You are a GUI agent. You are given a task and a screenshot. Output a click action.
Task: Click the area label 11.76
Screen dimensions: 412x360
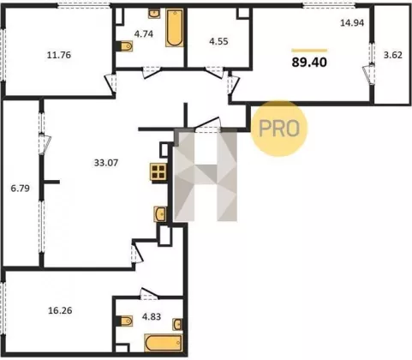click(59, 55)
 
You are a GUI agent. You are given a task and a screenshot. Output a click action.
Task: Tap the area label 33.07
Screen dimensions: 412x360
click(106, 163)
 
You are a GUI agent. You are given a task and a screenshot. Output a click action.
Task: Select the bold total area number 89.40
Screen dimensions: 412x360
click(309, 63)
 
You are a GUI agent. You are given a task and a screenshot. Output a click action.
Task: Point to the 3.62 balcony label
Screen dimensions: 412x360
click(393, 55)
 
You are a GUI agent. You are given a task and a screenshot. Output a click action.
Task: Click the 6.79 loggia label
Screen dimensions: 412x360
click(20, 189)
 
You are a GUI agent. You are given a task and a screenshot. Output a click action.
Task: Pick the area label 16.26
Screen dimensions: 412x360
click(60, 310)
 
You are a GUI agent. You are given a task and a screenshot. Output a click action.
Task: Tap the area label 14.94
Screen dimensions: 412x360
click(352, 22)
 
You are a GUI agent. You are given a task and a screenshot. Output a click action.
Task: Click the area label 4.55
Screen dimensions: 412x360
click(218, 41)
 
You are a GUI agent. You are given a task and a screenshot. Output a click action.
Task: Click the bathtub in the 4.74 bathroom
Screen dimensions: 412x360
click(174, 27)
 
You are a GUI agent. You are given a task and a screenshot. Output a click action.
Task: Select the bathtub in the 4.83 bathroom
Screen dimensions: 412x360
click(164, 343)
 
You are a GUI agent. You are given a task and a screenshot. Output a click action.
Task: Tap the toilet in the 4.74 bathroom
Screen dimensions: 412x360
click(126, 46)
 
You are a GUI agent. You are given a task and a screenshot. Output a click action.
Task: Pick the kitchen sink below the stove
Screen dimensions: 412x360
click(160, 213)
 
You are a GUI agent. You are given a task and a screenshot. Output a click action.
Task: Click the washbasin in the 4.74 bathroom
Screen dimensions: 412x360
click(154, 14)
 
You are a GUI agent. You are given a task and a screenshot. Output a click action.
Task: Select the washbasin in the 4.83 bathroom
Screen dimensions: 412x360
click(177, 324)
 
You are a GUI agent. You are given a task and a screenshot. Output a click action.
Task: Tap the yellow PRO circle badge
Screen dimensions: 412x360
click(278, 129)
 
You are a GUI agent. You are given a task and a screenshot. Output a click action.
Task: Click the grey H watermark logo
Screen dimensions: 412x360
click(206, 175)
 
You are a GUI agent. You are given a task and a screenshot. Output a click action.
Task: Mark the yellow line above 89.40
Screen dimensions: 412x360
click(309, 51)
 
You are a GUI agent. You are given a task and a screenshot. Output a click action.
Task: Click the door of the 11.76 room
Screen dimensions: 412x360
click(110, 83)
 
